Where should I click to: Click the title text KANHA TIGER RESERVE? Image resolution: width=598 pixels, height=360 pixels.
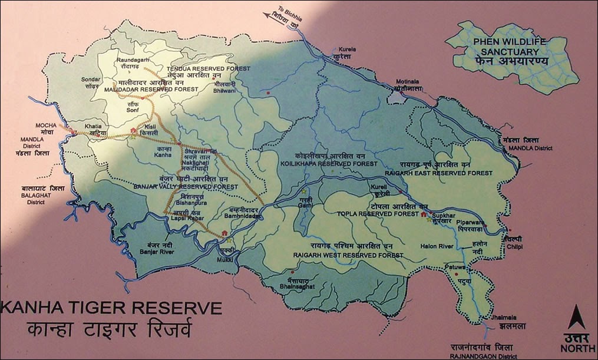point(112,308)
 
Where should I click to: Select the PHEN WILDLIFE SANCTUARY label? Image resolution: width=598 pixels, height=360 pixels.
point(511,47)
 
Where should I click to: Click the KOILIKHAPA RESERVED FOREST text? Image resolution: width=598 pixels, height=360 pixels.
point(323,164)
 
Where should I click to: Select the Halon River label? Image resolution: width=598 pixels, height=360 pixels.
point(436,246)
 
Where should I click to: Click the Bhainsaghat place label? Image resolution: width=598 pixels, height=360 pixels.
point(297,286)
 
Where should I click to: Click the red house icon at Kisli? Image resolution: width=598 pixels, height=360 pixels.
point(134,130)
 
